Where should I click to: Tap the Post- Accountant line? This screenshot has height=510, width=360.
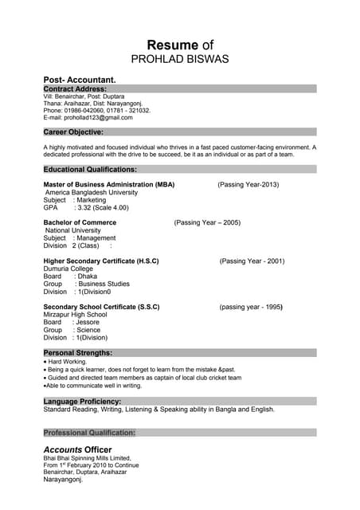coord(80,80)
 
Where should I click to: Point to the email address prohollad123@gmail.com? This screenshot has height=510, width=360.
coord(88,117)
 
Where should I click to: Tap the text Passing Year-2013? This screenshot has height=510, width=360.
coord(248,184)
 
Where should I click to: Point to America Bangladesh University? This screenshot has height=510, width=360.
coord(92,192)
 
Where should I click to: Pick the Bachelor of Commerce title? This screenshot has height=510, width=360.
coord(80,222)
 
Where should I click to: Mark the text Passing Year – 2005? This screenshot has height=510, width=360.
coord(207,222)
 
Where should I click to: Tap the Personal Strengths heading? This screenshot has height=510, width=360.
coord(77,352)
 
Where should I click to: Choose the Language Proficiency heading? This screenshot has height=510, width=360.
coord(82,401)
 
